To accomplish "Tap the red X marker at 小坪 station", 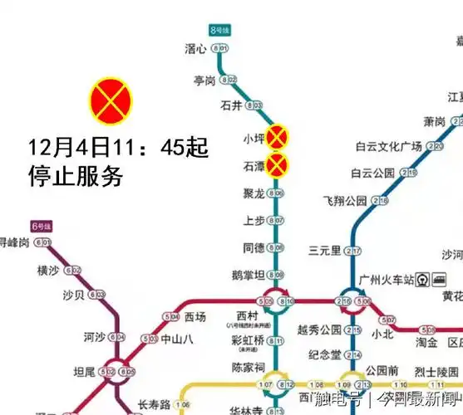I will click(278, 137).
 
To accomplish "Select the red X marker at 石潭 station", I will click(278, 166).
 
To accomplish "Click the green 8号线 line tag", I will click(219, 31).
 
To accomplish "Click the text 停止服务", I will click(76, 176).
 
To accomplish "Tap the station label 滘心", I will click(195, 49).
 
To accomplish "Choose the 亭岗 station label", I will click(204, 80).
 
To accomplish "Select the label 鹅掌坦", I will click(249, 275).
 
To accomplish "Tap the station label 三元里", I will click(324, 251).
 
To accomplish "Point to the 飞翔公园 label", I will click(344, 201).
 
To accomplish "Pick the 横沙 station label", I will click(48, 270).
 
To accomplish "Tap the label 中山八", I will click(176, 339).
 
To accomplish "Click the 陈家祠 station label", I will click(248, 367).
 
